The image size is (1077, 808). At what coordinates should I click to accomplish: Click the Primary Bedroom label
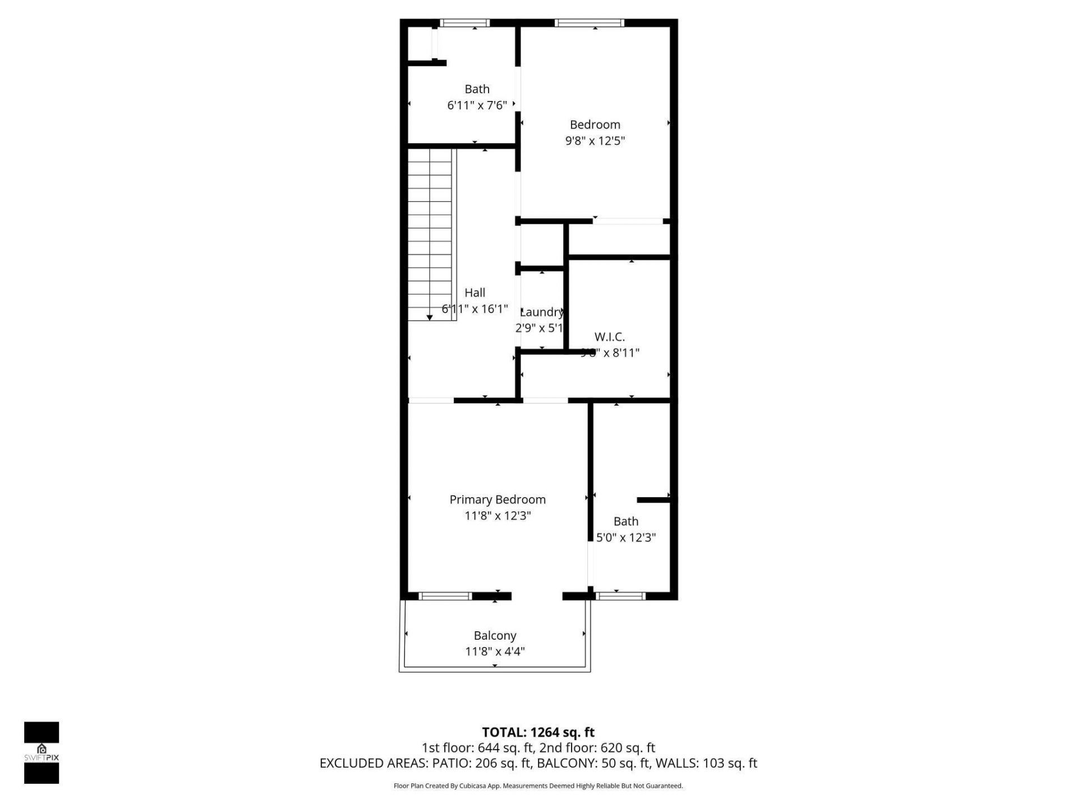497,499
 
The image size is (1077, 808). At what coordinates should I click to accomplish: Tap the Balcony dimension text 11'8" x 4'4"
495,651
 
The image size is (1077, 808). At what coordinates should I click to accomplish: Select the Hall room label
475,292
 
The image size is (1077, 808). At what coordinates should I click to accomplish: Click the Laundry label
541,312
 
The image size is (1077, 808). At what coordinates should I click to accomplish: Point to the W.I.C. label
609,337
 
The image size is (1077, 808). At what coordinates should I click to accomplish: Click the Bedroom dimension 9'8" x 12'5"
595,140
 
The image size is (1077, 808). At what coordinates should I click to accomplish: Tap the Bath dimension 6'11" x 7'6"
477,105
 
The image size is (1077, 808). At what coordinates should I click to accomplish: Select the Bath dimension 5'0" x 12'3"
625,537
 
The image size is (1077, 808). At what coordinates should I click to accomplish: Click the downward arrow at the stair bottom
430,318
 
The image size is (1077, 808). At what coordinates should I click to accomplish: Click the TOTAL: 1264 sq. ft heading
538,732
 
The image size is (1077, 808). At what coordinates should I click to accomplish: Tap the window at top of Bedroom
589,23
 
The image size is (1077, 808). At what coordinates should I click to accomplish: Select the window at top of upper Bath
464,23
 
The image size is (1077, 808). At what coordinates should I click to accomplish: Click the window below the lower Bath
620,596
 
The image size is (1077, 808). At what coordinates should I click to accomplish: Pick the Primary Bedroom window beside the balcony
446,596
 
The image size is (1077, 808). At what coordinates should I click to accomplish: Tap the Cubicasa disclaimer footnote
538,786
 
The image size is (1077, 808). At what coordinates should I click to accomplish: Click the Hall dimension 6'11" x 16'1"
475,309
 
